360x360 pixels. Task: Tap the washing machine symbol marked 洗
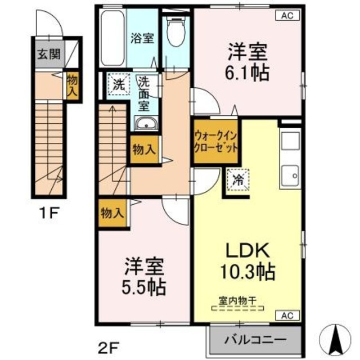pyautogui.click(x=119, y=86)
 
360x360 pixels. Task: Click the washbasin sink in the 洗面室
pyautogui.click(x=148, y=124)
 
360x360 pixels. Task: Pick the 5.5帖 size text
pyautogui.click(x=145, y=287)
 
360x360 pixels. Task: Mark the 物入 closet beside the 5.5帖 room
pyautogui.click(x=112, y=213)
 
